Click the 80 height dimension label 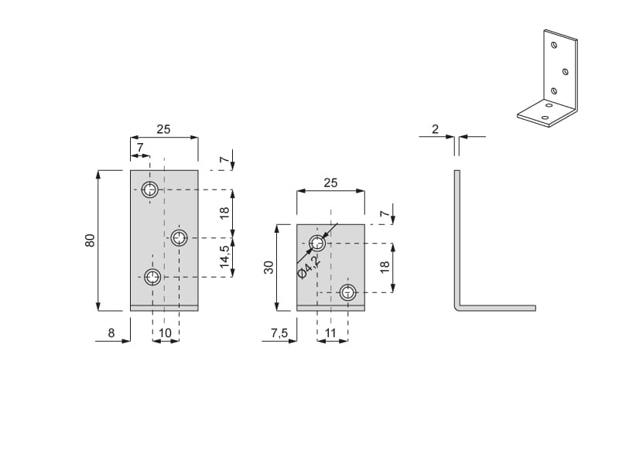pos(90,241)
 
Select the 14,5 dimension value pos(224,257)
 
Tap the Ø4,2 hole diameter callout pos(309,267)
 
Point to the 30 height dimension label pos(268,267)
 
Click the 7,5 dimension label pos(279,333)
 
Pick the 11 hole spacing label pos(330,333)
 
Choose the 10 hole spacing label pos(165,333)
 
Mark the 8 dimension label pos(111,333)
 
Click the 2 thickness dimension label pos(435,129)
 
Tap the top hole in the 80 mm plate pos(150,189)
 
